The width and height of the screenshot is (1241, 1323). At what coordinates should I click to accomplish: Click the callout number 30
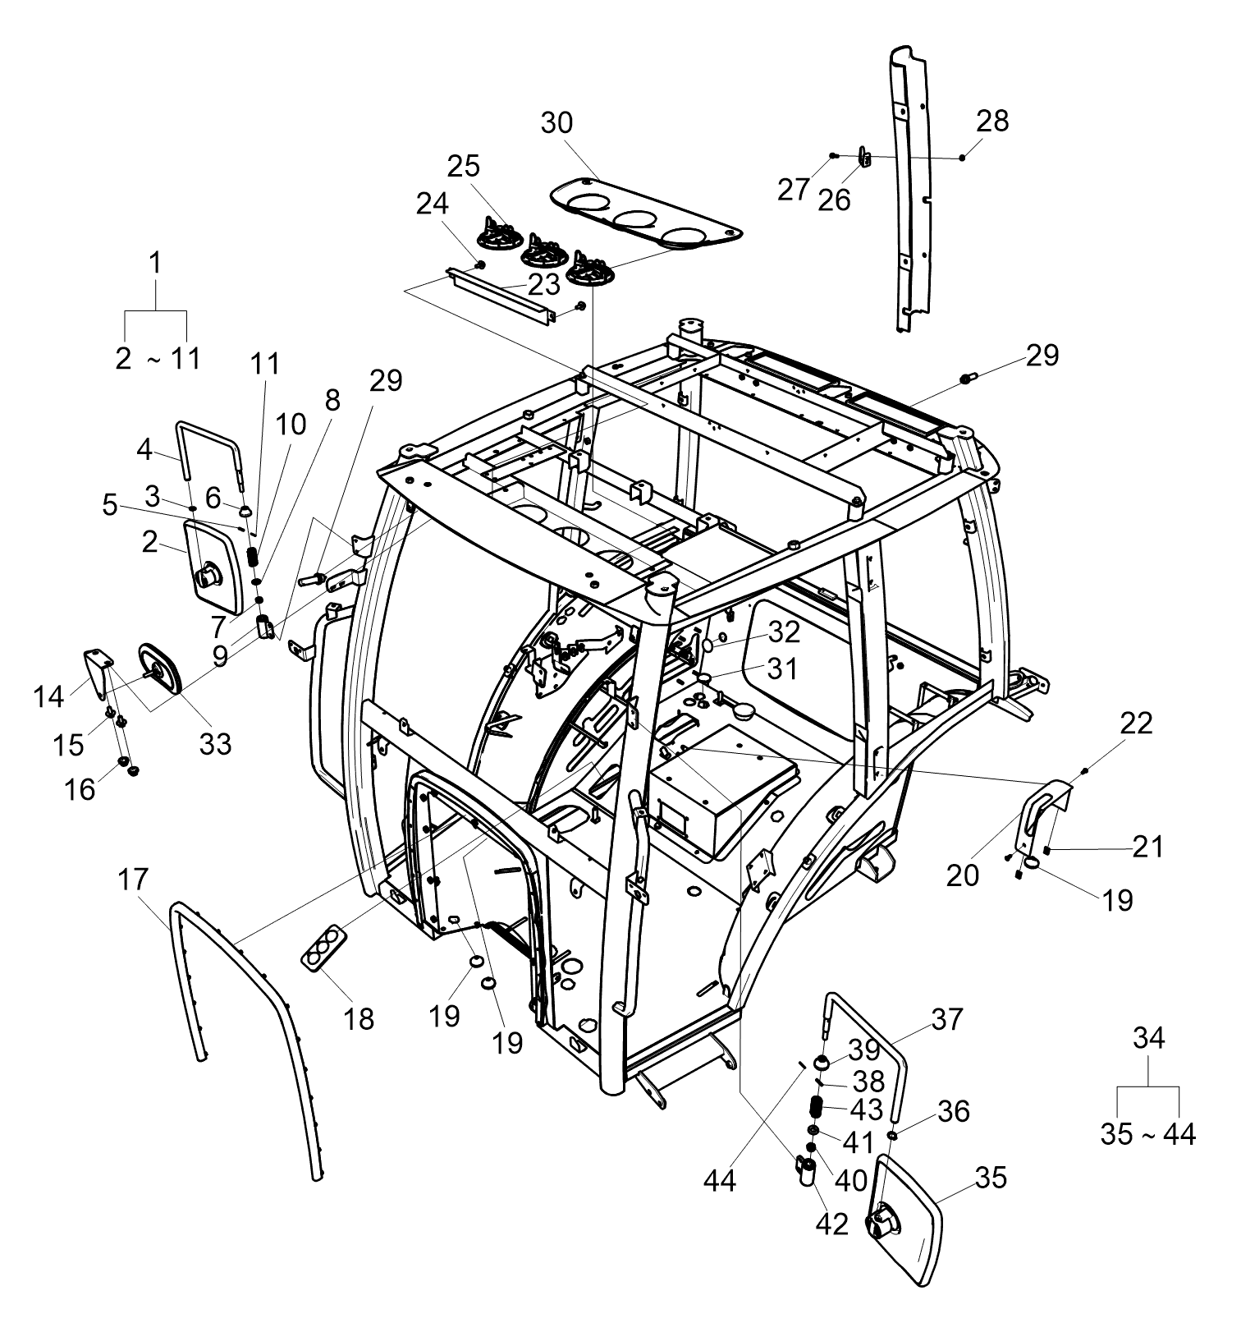click(557, 123)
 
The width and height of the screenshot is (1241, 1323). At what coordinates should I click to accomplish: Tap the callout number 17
click(133, 880)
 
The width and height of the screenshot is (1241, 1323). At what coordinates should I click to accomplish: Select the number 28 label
click(992, 121)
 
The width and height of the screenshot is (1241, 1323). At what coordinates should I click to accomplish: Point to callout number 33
click(216, 743)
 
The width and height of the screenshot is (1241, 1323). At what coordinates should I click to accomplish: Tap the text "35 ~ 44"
click(1148, 1134)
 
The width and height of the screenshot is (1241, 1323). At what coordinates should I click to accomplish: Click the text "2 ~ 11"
click(158, 358)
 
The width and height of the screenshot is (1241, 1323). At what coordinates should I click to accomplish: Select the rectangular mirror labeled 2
click(215, 567)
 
